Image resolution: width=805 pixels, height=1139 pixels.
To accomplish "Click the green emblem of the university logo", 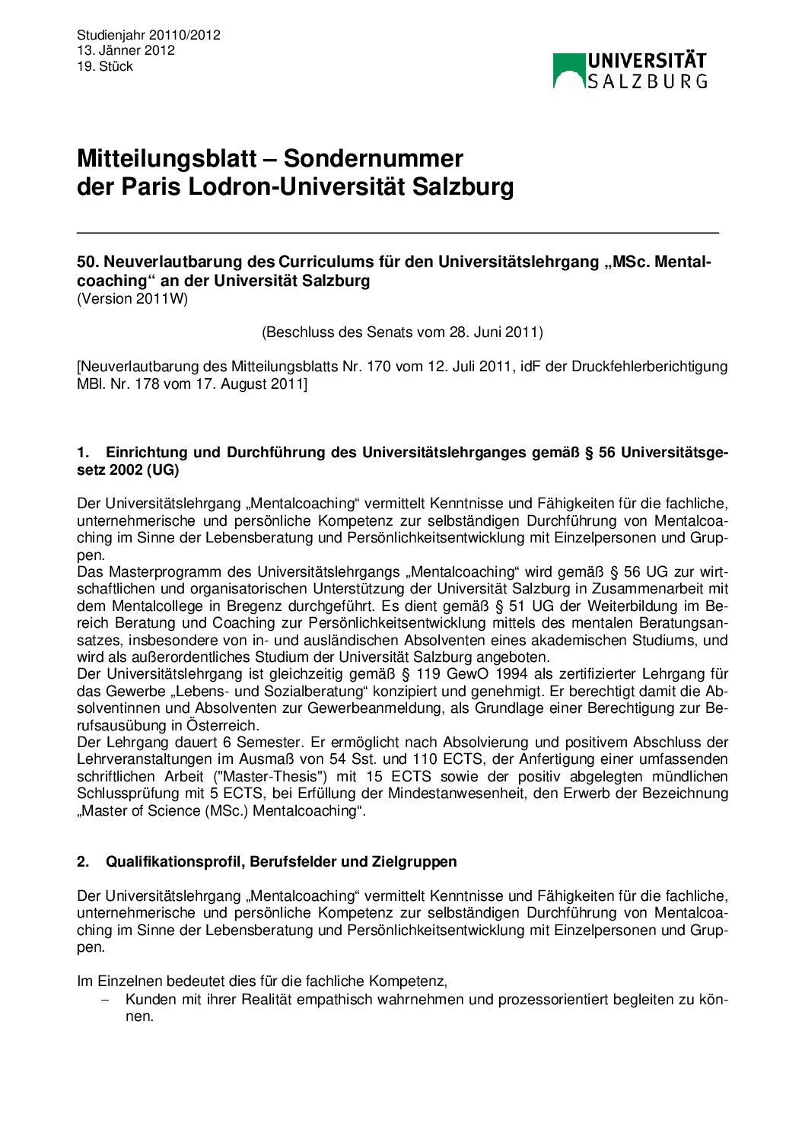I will pyautogui.click(x=568, y=71).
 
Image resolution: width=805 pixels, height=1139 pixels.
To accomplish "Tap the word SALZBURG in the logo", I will pyautogui.click(x=647, y=81).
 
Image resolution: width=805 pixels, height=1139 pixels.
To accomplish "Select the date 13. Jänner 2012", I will pyautogui.click(x=126, y=50).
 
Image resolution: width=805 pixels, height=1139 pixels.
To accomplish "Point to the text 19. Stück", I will pyautogui.click(x=105, y=66).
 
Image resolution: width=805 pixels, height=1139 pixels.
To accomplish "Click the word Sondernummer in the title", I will pyautogui.click(x=374, y=158).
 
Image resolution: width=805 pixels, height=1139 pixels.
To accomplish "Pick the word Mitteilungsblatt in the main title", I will pyautogui.click(x=167, y=158).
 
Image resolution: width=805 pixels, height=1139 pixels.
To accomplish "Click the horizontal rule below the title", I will pyautogui.click(x=397, y=232).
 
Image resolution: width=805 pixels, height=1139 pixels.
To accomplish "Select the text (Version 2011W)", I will pyautogui.click(x=132, y=298).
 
